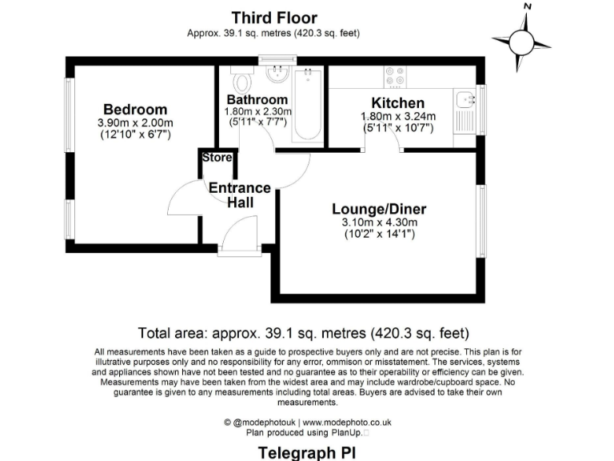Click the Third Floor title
[274, 17]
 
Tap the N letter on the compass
[527, 6]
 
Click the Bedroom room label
[135, 110]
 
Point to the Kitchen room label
[397, 103]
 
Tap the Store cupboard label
[217, 158]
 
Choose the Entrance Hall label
[239, 195]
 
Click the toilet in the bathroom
[241, 81]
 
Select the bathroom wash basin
[277, 75]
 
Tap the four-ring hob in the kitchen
[394, 76]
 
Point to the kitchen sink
[464, 100]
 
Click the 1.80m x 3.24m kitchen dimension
[397, 116]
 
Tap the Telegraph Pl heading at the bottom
[307, 453]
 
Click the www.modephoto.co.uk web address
[346, 422]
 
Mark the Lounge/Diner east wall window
[482, 219]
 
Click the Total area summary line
[304, 332]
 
